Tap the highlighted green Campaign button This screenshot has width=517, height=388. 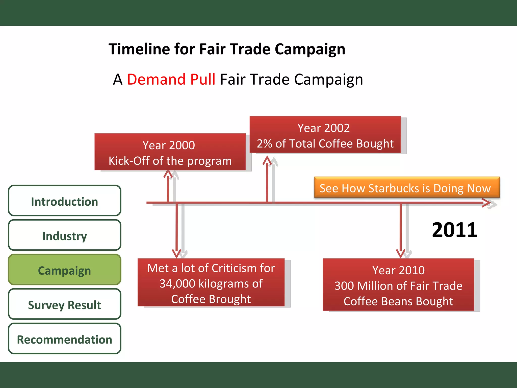click(x=65, y=270)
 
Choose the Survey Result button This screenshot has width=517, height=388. click(x=65, y=304)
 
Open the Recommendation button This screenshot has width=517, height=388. click(x=65, y=339)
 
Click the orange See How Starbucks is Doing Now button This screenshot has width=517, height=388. click(x=407, y=188)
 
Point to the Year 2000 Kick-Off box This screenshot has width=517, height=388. click(x=170, y=152)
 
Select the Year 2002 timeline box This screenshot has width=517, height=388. click(x=325, y=135)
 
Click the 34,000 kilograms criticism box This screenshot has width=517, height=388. click(x=211, y=283)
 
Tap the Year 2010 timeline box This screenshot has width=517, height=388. click(x=398, y=285)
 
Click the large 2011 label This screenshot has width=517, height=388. click(x=454, y=230)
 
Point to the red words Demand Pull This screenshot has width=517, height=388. click(x=171, y=79)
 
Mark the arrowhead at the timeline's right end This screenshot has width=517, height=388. click(x=487, y=203)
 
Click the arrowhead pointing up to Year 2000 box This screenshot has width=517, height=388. click(x=168, y=174)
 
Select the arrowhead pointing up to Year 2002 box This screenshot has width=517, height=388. click(x=267, y=160)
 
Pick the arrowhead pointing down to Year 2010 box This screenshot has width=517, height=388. click(x=401, y=253)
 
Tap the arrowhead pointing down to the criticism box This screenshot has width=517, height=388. click(x=176, y=253)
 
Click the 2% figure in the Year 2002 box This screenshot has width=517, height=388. click(x=264, y=144)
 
